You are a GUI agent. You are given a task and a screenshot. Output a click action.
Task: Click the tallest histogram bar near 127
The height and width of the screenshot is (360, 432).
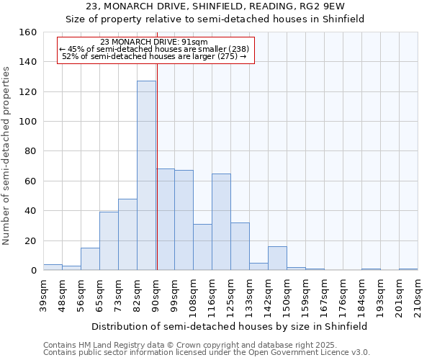pyautogui.click(x=146, y=176)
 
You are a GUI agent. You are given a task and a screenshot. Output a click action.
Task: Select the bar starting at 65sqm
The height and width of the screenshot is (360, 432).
pyautogui.click(x=109, y=241)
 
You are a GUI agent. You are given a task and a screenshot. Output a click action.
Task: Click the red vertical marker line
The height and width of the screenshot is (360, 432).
pyautogui.click(x=156, y=166)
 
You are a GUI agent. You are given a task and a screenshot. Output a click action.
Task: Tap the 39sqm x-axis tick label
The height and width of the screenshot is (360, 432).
pyautogui.click(x=43, y=294)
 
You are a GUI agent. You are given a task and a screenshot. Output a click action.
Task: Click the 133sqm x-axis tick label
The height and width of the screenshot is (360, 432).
pyautogui.click(x=249, y=294)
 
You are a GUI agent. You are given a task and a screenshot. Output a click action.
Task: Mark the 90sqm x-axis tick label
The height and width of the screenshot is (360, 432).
pyautogui.click(x=156, y=294)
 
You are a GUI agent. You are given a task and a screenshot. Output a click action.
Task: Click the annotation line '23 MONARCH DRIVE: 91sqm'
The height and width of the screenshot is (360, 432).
pyautogui.click(x=155, y=42)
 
